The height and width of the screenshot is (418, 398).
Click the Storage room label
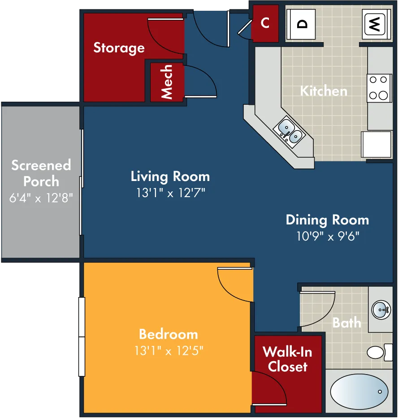pos(119,48)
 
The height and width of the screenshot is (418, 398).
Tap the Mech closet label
pos(167,82)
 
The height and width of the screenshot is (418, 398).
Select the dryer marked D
pos(301,25)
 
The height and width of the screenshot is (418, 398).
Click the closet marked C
pos(265,23)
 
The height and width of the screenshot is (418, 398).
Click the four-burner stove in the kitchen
pos(379,88)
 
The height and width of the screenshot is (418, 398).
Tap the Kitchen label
pos(324,91)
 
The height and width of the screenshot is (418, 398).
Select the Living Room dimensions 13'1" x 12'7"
pos(170,193)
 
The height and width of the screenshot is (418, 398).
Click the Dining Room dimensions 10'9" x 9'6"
pos(328,236)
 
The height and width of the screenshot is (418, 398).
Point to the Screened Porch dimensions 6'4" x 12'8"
pos(41,198)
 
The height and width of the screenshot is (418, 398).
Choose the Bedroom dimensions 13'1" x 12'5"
pos(169,350)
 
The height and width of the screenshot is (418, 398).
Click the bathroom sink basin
pos(381,310)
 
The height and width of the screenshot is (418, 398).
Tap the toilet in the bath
pos(380,353)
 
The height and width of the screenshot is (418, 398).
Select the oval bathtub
pos(359,392)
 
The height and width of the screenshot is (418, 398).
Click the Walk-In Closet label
pos(288,359)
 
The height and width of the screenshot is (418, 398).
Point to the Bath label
pos(347,323)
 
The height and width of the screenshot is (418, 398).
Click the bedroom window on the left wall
pos(82,337)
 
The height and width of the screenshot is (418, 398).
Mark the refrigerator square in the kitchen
pos(376,144)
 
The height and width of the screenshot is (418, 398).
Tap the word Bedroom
pos(169,334)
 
